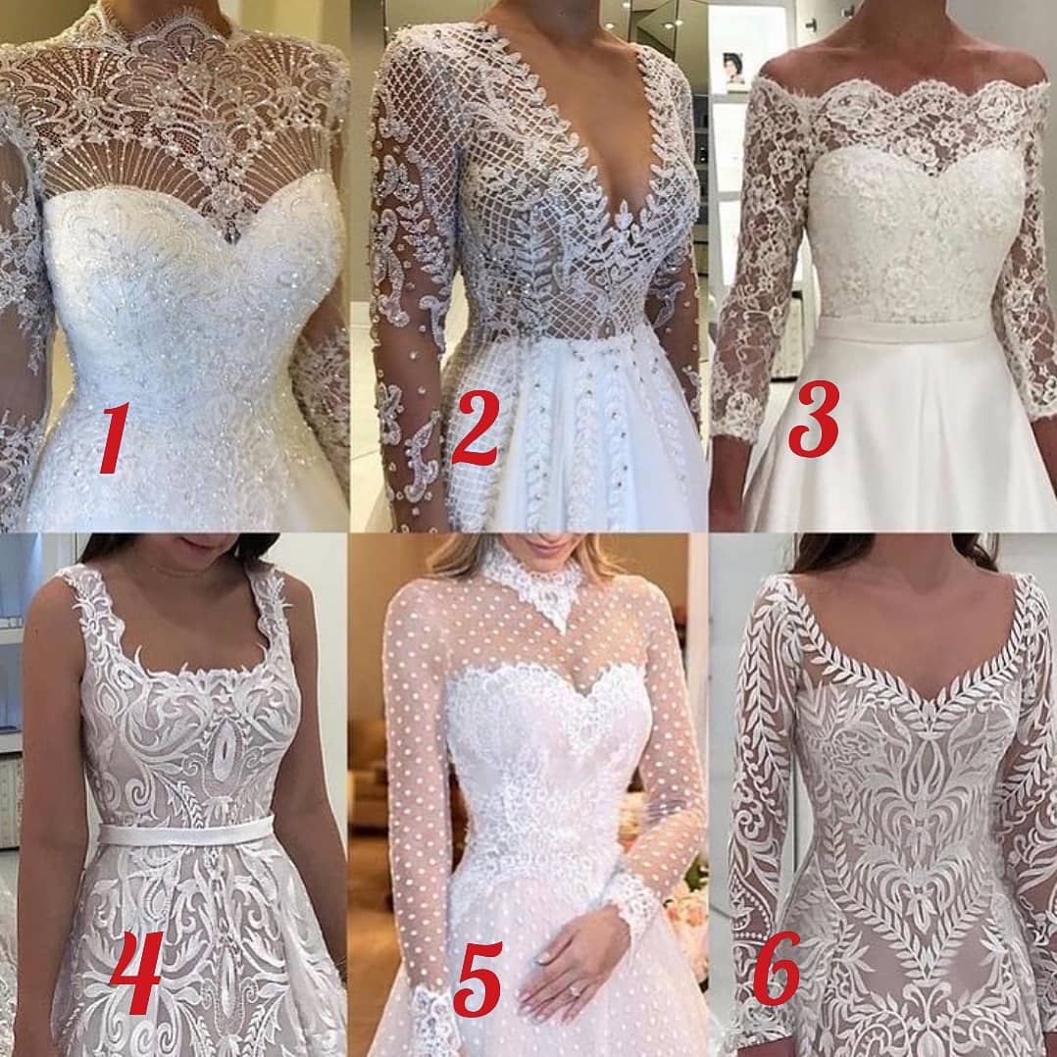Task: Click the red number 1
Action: (x=114, y=438)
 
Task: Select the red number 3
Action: (x=814, y=420)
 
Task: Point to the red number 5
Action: (x=478, y=979)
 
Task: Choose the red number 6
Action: (x=777, y=969)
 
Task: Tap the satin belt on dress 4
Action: (x=186, y=833)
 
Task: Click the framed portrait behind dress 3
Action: (x=733, y=71)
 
